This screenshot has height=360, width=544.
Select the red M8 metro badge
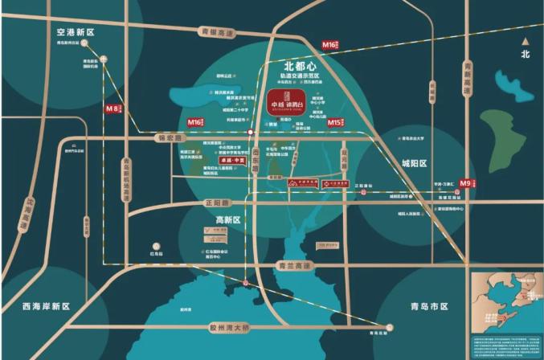pyautogui.click(x=112, y=107)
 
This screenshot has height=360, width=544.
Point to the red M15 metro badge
pyautogui.click(x=337, y=123)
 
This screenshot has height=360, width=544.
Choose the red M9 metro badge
pyautogui.click(x=468, y=183)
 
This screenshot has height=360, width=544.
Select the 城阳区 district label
pyautogui.click(x=417, y=163)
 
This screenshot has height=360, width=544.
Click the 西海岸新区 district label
pyautogui.click(x=47, y=306)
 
